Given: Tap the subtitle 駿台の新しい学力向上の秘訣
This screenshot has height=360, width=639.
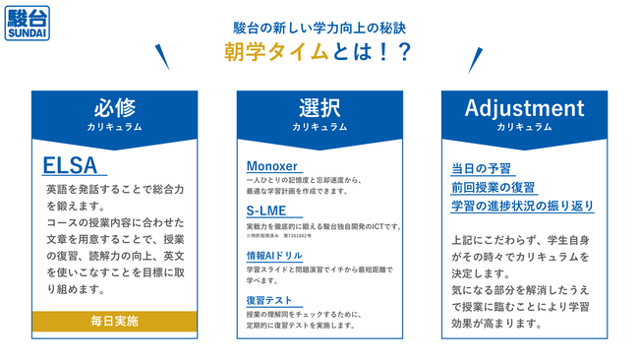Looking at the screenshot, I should pos(319,23).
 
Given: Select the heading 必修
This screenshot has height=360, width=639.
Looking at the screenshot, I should pos(115,108).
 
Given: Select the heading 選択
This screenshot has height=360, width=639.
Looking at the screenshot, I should pos(319,108).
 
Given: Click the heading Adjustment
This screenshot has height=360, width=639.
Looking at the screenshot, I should pos(524,108).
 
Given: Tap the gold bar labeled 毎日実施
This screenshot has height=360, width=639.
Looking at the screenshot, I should pos(115,321).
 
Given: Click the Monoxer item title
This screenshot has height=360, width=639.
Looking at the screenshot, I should pos(271,166).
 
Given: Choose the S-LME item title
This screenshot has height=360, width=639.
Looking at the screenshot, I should pos(267,211).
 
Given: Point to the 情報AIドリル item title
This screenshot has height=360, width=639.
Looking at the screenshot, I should pos(274,256).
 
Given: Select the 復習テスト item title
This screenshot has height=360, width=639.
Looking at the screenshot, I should pos(269,300).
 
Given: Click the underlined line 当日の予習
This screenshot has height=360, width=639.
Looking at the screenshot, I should pos(482,169).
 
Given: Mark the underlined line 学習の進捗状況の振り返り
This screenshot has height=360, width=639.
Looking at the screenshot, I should pos(522,206).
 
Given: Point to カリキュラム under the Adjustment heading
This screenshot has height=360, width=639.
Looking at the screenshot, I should pos(524,127).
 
